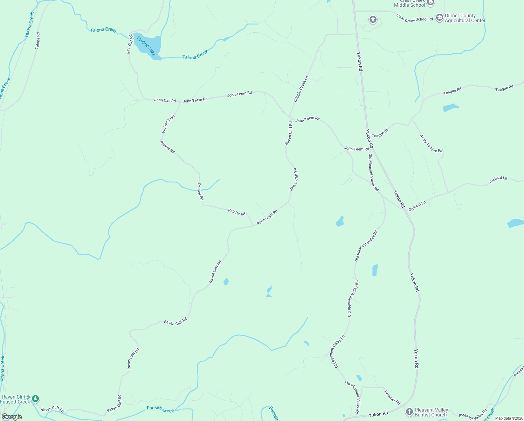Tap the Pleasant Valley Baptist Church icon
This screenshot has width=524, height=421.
point(409,412)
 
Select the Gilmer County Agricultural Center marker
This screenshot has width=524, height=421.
point(439,18)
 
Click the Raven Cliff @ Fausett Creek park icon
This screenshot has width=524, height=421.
point(35,399)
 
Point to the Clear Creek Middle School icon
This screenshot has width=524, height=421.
point(430,3)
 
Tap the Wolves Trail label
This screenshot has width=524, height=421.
point(168,124)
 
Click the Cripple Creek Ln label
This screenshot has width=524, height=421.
point(301,89)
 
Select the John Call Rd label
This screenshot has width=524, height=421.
point(165,100)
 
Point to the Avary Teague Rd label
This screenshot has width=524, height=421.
point(431,143)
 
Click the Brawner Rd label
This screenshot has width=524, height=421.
point(392,397)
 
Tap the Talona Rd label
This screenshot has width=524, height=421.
point(38,40)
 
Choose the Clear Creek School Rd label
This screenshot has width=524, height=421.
point(414,18)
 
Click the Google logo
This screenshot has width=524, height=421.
point(12,417)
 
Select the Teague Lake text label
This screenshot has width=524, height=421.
point(146,46)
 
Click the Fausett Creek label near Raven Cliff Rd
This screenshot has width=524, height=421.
point(160,409)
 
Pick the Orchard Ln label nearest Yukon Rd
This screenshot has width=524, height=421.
point(417,206)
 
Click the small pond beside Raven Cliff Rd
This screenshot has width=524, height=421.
point(226,282)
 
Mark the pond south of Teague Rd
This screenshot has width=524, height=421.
point(450,107)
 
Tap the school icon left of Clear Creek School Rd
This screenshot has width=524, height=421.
point(373,20)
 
